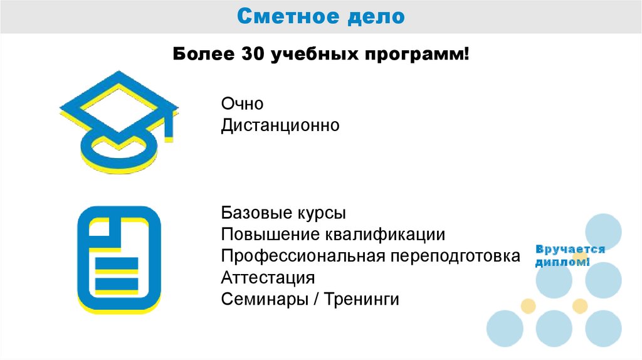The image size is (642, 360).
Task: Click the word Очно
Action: tap(242, 103)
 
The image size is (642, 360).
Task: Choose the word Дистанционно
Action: tap(280, 125)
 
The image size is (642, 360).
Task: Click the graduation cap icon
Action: tap(118, 119)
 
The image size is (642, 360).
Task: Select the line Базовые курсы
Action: tap(283, 213)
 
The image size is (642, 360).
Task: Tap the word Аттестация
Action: tap(268, 278)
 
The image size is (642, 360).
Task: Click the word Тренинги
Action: tap(361, 299)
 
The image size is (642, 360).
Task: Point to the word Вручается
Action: tap(570, 250)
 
